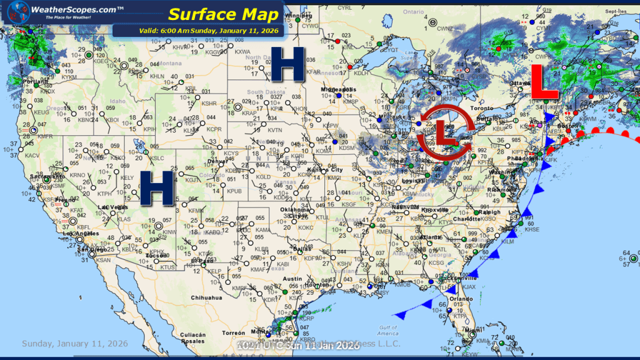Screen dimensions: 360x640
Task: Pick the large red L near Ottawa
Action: click(544, 82)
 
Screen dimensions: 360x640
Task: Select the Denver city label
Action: click(217, 161)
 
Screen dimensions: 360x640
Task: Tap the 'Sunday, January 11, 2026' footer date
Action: click(75, 344)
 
